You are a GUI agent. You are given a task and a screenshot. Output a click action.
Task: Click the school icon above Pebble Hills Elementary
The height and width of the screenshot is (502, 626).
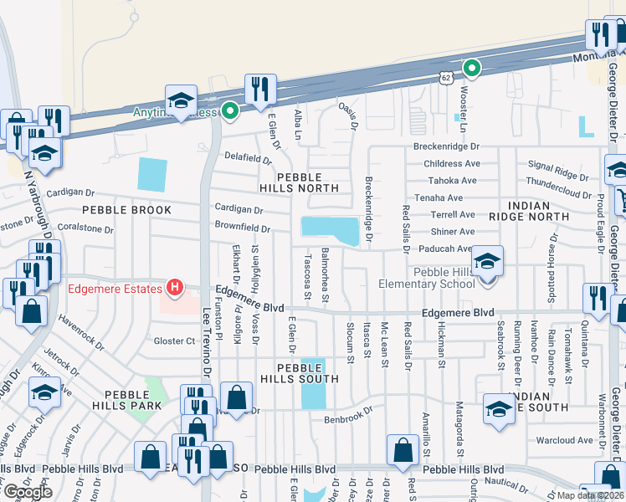[487, 260]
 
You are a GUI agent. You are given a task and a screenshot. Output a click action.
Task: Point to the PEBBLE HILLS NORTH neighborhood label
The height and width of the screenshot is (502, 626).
[310, 184]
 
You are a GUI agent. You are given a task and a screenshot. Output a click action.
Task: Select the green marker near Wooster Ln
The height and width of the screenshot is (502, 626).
[472, 69]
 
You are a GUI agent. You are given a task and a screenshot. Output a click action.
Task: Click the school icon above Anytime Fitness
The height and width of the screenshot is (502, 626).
[181, 100]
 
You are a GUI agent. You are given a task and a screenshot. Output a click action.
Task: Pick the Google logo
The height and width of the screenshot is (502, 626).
[28, 491]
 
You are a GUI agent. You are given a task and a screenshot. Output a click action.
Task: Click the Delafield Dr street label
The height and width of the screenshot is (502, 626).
[248, 157]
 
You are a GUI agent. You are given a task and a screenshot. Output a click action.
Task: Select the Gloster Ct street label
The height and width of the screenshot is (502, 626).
[174, 341]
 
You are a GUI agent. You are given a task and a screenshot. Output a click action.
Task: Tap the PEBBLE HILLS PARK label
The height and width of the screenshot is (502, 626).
[127, 400]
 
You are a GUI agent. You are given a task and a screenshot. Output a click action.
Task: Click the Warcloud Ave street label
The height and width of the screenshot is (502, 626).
[569, 440]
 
